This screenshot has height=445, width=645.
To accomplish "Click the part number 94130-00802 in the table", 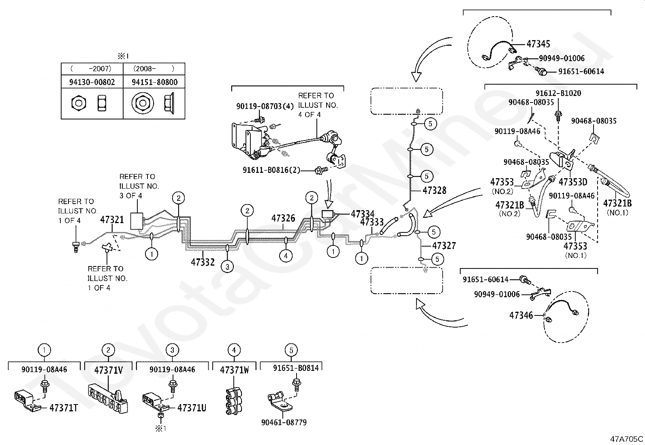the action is (x=92, y=82).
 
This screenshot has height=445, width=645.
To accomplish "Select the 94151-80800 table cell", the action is (x=154, y=82).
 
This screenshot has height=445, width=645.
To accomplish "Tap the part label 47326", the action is (x=283, y=218).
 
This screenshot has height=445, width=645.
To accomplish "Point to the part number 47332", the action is (x=203, y=262).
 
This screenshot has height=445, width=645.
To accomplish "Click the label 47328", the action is (x=434, y=190).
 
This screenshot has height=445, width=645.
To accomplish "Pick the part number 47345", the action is (x=538, y=44).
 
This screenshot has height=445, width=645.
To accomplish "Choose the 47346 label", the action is (x=521, y=315).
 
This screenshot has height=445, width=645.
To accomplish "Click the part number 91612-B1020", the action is (x=558, y=93).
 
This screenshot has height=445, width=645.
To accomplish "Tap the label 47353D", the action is (x=573, y=182).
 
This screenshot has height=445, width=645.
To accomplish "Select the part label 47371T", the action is (x=64, y=408).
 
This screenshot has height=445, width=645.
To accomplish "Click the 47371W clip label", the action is (x=235, y=370).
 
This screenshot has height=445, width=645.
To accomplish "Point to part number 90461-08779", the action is (x=284, y=422).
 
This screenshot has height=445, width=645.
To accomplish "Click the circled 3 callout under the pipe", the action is (x=227, y=267).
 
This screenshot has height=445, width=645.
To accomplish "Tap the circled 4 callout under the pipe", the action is (x=286, y=256).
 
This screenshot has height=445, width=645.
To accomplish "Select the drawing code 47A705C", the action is (x=627, y=439).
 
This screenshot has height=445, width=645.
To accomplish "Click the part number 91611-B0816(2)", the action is (x=271, y=170).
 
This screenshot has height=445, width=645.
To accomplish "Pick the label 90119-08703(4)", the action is (x=265, y=106).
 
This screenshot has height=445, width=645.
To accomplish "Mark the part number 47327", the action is (x=444, y=245).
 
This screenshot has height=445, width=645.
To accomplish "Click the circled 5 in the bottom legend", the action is (x=291, y=350).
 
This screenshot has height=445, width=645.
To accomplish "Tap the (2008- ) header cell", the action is (x=154, y=69).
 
